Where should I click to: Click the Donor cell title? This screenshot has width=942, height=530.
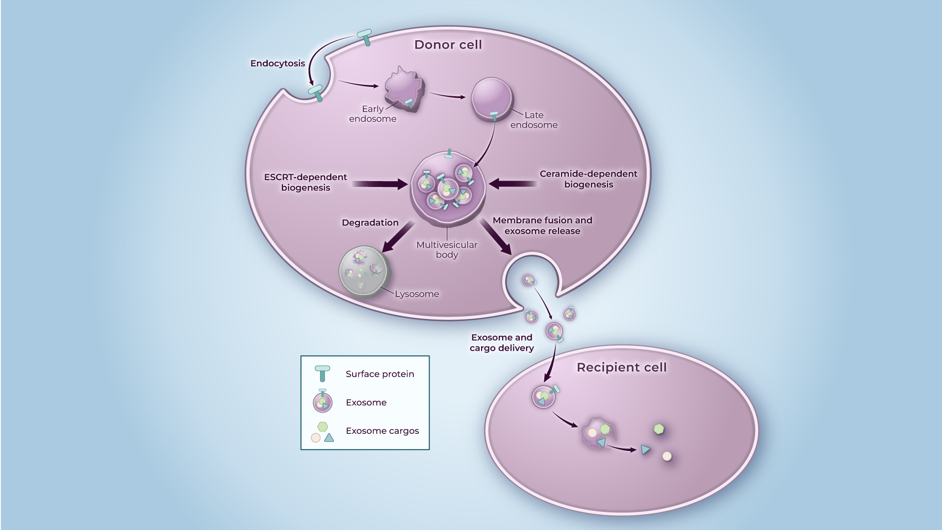(448, 45)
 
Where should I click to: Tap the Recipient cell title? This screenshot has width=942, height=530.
(621, 368)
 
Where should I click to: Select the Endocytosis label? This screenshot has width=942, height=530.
(278, 63)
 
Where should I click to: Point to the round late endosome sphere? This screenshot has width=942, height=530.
(492, 98)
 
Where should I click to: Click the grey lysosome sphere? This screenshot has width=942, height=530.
(363, 272)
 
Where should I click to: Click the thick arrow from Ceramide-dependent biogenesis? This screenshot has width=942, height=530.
(513, 184)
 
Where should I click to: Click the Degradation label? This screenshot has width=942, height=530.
(370, 223)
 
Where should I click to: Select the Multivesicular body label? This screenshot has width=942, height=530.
(447, 250)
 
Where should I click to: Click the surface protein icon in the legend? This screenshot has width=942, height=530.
(322, 373)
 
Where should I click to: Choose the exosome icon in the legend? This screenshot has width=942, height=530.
(323, 402)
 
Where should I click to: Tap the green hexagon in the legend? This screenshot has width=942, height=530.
(322, 426)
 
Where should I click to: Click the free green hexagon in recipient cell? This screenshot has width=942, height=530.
(659, 429)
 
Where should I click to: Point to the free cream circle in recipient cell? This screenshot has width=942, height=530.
(667, 456)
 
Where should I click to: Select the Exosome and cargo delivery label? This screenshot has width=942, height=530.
(502, 343)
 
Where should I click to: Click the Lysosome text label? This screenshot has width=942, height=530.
(417, 294)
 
